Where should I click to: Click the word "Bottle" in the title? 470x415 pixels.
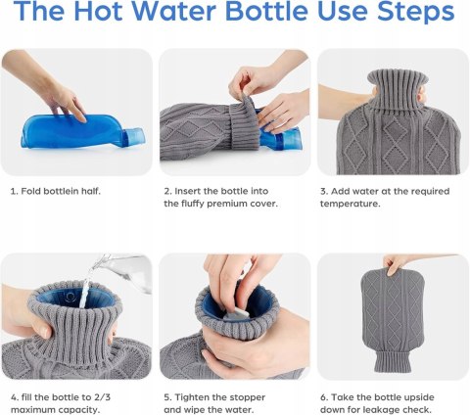tap(266, 11)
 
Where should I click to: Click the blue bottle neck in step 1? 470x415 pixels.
tap(133, 138)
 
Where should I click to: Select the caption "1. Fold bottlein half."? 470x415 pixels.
tap(56, 191)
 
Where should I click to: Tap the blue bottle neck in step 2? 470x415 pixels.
tap(281, 138)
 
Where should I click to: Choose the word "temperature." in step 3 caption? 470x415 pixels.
tap(350, 204)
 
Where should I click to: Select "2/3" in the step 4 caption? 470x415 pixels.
tap(102, 397)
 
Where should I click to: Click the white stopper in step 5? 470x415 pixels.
tap(236, 315)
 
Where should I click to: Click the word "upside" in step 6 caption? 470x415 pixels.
tap(419, 397)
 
